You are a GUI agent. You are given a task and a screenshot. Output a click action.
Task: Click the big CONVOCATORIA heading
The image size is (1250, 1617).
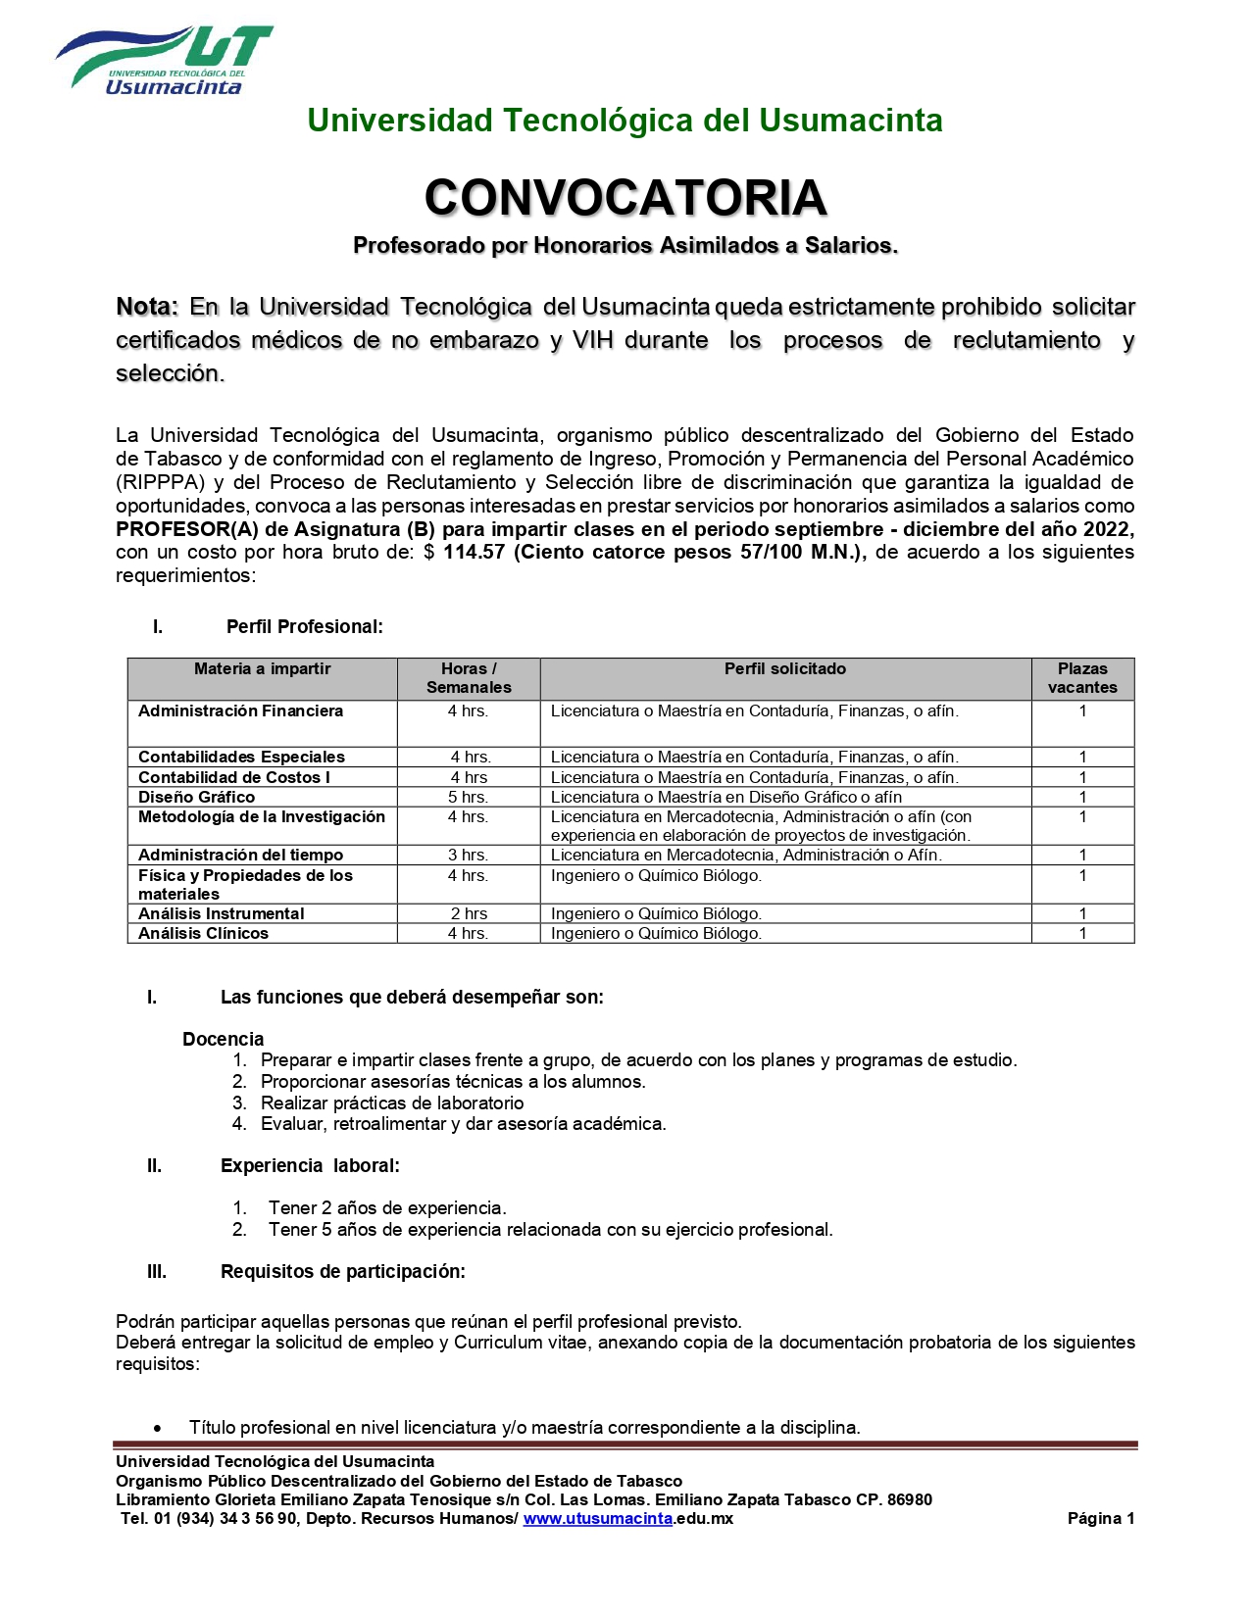click(x=625, y=198)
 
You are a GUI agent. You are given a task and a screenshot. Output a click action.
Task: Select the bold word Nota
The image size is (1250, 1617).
click(x=146, y=307)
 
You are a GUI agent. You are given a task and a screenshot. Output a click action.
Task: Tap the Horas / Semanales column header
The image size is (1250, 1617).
click(x=469, y=678)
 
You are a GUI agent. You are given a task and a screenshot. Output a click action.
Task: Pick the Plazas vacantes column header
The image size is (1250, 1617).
click(x=1082, y=678)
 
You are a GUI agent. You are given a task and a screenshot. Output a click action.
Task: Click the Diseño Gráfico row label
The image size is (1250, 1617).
click(x=197, y=797)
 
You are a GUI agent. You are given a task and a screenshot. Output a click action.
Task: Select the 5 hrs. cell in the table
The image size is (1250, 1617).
click(x=469, y=797)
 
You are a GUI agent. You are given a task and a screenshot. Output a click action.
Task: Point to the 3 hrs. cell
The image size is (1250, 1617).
click(x=469, y=855)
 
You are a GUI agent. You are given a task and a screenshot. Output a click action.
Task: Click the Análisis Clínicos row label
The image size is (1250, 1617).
click(x=204, y=933)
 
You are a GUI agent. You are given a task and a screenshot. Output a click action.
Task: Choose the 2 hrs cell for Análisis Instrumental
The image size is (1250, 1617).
click(x=469, y=913)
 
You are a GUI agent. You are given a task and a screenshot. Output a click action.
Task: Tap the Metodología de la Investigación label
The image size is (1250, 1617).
click(x=262, y=816)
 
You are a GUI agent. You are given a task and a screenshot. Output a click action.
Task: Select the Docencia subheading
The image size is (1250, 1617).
click(x=224, y=1039)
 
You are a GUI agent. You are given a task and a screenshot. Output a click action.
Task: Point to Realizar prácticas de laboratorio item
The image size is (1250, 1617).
click(x=392, y=1102)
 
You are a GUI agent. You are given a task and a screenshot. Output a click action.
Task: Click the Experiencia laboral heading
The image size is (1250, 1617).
click(x=310, y=1165)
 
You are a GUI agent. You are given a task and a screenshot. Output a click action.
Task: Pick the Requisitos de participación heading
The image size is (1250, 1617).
click(x=343, y=1271)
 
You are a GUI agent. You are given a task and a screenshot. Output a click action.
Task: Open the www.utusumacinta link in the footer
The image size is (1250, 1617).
click(x=598, y=1518)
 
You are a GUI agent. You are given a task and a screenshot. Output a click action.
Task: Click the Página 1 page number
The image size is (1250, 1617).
click(x=1100, y=1518)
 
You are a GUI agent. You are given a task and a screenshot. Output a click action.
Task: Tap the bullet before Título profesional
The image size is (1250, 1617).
click(x=158, y=1429)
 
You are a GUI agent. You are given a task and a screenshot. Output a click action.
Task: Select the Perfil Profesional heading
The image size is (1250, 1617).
click(x=305, y=626)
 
